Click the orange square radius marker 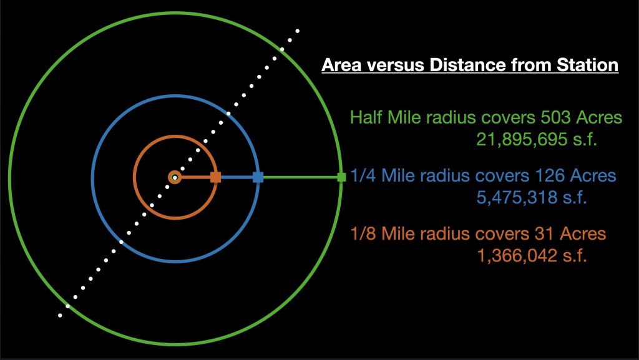[x=215, y=177]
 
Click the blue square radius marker [x=258, y=177]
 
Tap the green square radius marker [x=341, y=177]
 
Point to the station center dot [x=175, y=177]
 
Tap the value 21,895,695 [x=522, y=139]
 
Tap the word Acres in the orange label [x=583, y=234]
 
